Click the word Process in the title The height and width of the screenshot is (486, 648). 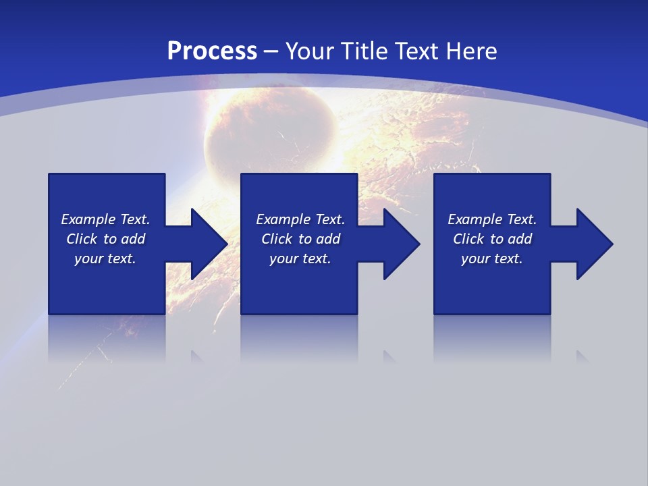pos(212,51)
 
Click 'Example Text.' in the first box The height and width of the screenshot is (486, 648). pos(105,219)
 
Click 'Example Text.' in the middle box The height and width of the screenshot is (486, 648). pos(300,219)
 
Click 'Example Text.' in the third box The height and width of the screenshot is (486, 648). pos(492,219)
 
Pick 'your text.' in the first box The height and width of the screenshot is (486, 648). pos(105,259)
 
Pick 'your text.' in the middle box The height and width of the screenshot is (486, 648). pos(300,259)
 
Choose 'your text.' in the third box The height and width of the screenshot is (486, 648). pos(492,259)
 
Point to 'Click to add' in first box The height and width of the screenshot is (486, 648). pos(105,239)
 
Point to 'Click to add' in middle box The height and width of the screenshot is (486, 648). pos(300,239)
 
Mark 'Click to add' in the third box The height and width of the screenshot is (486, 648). pos(492,239)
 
